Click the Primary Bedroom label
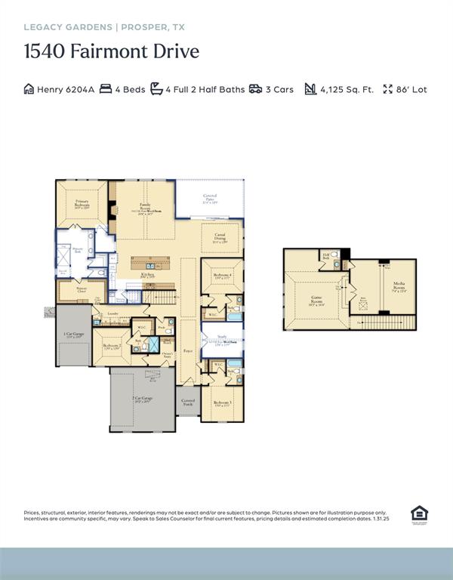coord(82,204)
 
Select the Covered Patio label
coord(210,199)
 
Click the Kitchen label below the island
coord(148,278)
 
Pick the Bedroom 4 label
coord(221,276)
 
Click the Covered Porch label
coord(189,402)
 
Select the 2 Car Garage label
coord(143,400)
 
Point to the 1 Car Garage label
coord(74,335)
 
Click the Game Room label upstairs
coord(317,300)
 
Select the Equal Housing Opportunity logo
coord(419,514)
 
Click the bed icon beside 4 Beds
coord(106,89)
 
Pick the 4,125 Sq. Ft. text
coord(347,89)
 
